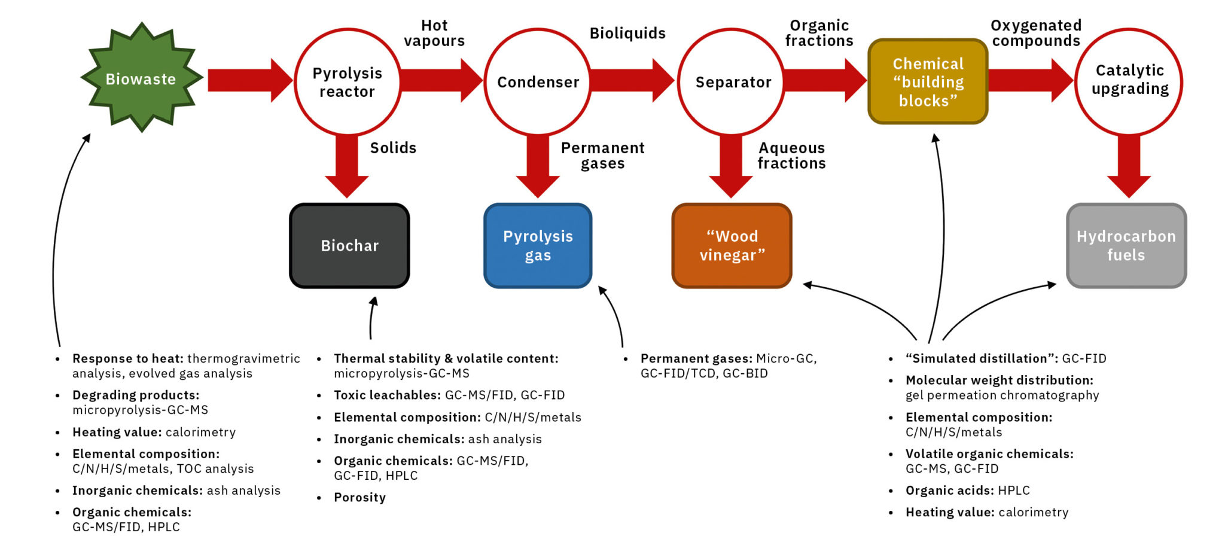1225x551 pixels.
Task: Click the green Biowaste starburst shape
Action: pos(142,78)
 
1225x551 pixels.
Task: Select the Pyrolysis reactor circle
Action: pos(348,82)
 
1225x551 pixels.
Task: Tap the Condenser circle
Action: pos(538,82)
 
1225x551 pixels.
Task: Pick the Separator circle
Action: pos(732,82)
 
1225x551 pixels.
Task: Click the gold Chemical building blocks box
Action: pos(928,82)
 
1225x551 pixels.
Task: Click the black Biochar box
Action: pos(349,245)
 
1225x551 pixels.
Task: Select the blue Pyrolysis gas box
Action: pos(538,245)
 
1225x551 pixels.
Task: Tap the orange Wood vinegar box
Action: pos(732,245)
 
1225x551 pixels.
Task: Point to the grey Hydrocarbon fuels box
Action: pos(1126,245)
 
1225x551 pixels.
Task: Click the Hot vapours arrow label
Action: pos(434,33)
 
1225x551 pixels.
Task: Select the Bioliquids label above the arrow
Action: pos(627,34)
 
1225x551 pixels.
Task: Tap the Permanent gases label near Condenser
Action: pos(602,156)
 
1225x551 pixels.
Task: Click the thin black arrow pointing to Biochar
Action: pos(371,317)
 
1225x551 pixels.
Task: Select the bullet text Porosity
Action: pos(359,497)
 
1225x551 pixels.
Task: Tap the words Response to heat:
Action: pos(127,358)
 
